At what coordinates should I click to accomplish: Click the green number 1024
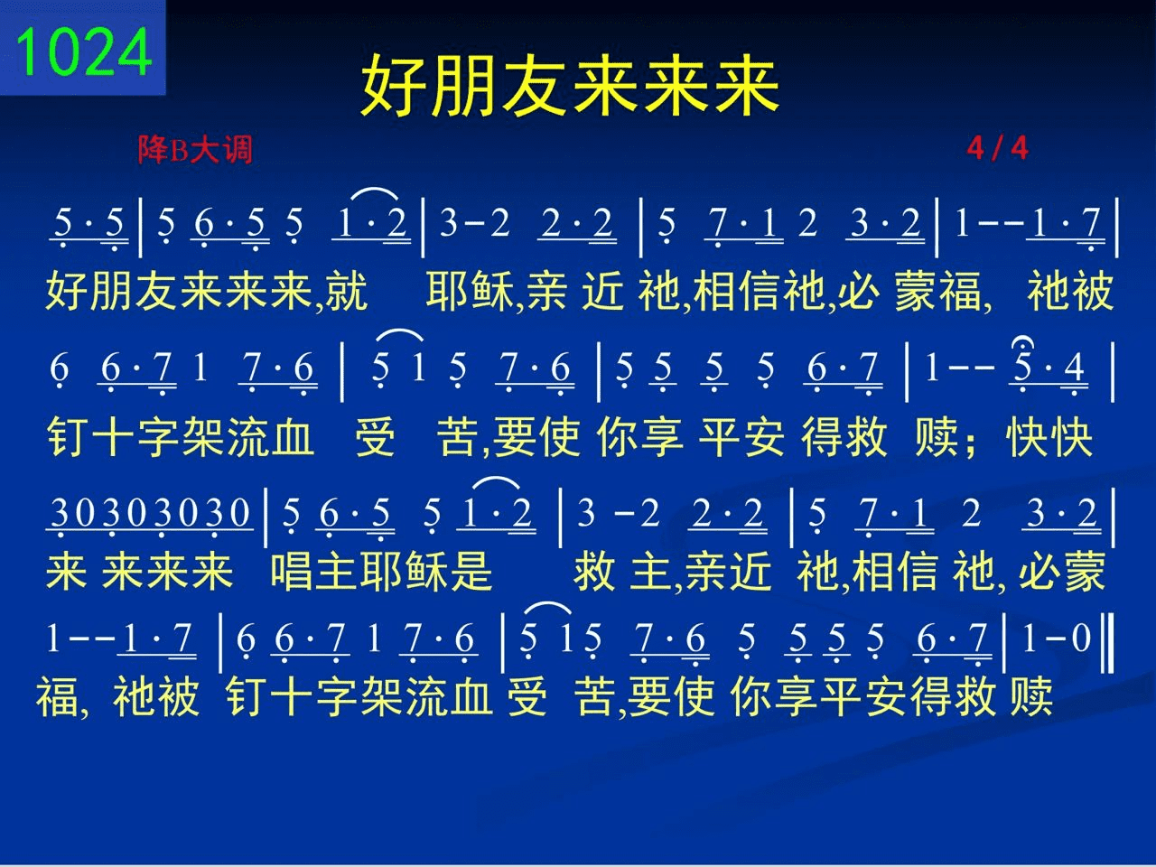point(84,51)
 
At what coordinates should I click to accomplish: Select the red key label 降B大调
point(195,150)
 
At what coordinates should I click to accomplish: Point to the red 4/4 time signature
point(997,148)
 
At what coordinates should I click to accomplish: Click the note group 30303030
point(150,512)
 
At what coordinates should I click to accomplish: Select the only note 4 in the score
point(1075,368)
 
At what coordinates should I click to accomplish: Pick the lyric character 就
point(346,291)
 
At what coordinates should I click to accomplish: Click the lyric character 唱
point(291,571)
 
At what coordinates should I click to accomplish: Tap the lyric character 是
point(471,571)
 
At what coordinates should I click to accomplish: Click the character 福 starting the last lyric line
point(57,696)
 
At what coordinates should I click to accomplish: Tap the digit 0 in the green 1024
point(65,52)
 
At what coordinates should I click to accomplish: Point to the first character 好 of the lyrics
point(68,291)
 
